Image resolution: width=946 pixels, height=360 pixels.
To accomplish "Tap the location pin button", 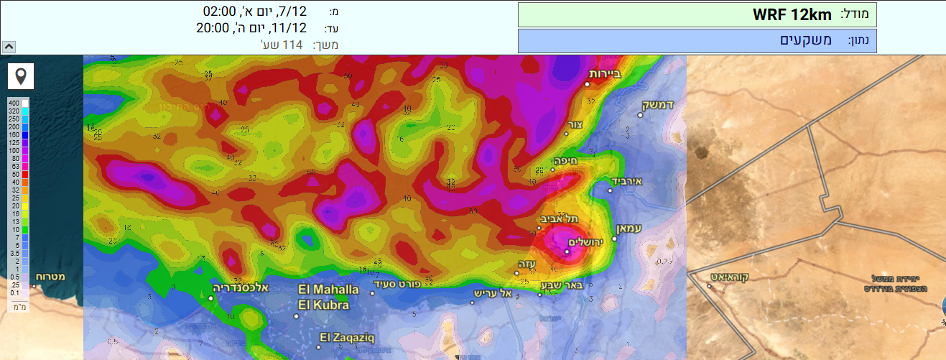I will point(21,75).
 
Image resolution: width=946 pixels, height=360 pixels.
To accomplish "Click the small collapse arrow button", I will point(9,47).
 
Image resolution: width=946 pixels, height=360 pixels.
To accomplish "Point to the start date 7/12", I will point(295,11).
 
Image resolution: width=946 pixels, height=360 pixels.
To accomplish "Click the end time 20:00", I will point(213,28).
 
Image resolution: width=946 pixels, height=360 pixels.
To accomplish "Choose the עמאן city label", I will point(629,228).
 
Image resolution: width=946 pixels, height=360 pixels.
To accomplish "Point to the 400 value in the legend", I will point(14,103).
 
